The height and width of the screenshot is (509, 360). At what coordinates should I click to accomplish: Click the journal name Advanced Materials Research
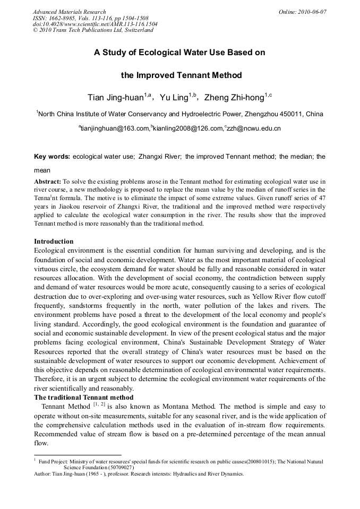(x=69, y=12)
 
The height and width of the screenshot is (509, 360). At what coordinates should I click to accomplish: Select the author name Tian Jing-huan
(x=116, y=98)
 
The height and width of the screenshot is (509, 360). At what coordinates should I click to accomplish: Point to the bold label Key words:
(x=52, y=157)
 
